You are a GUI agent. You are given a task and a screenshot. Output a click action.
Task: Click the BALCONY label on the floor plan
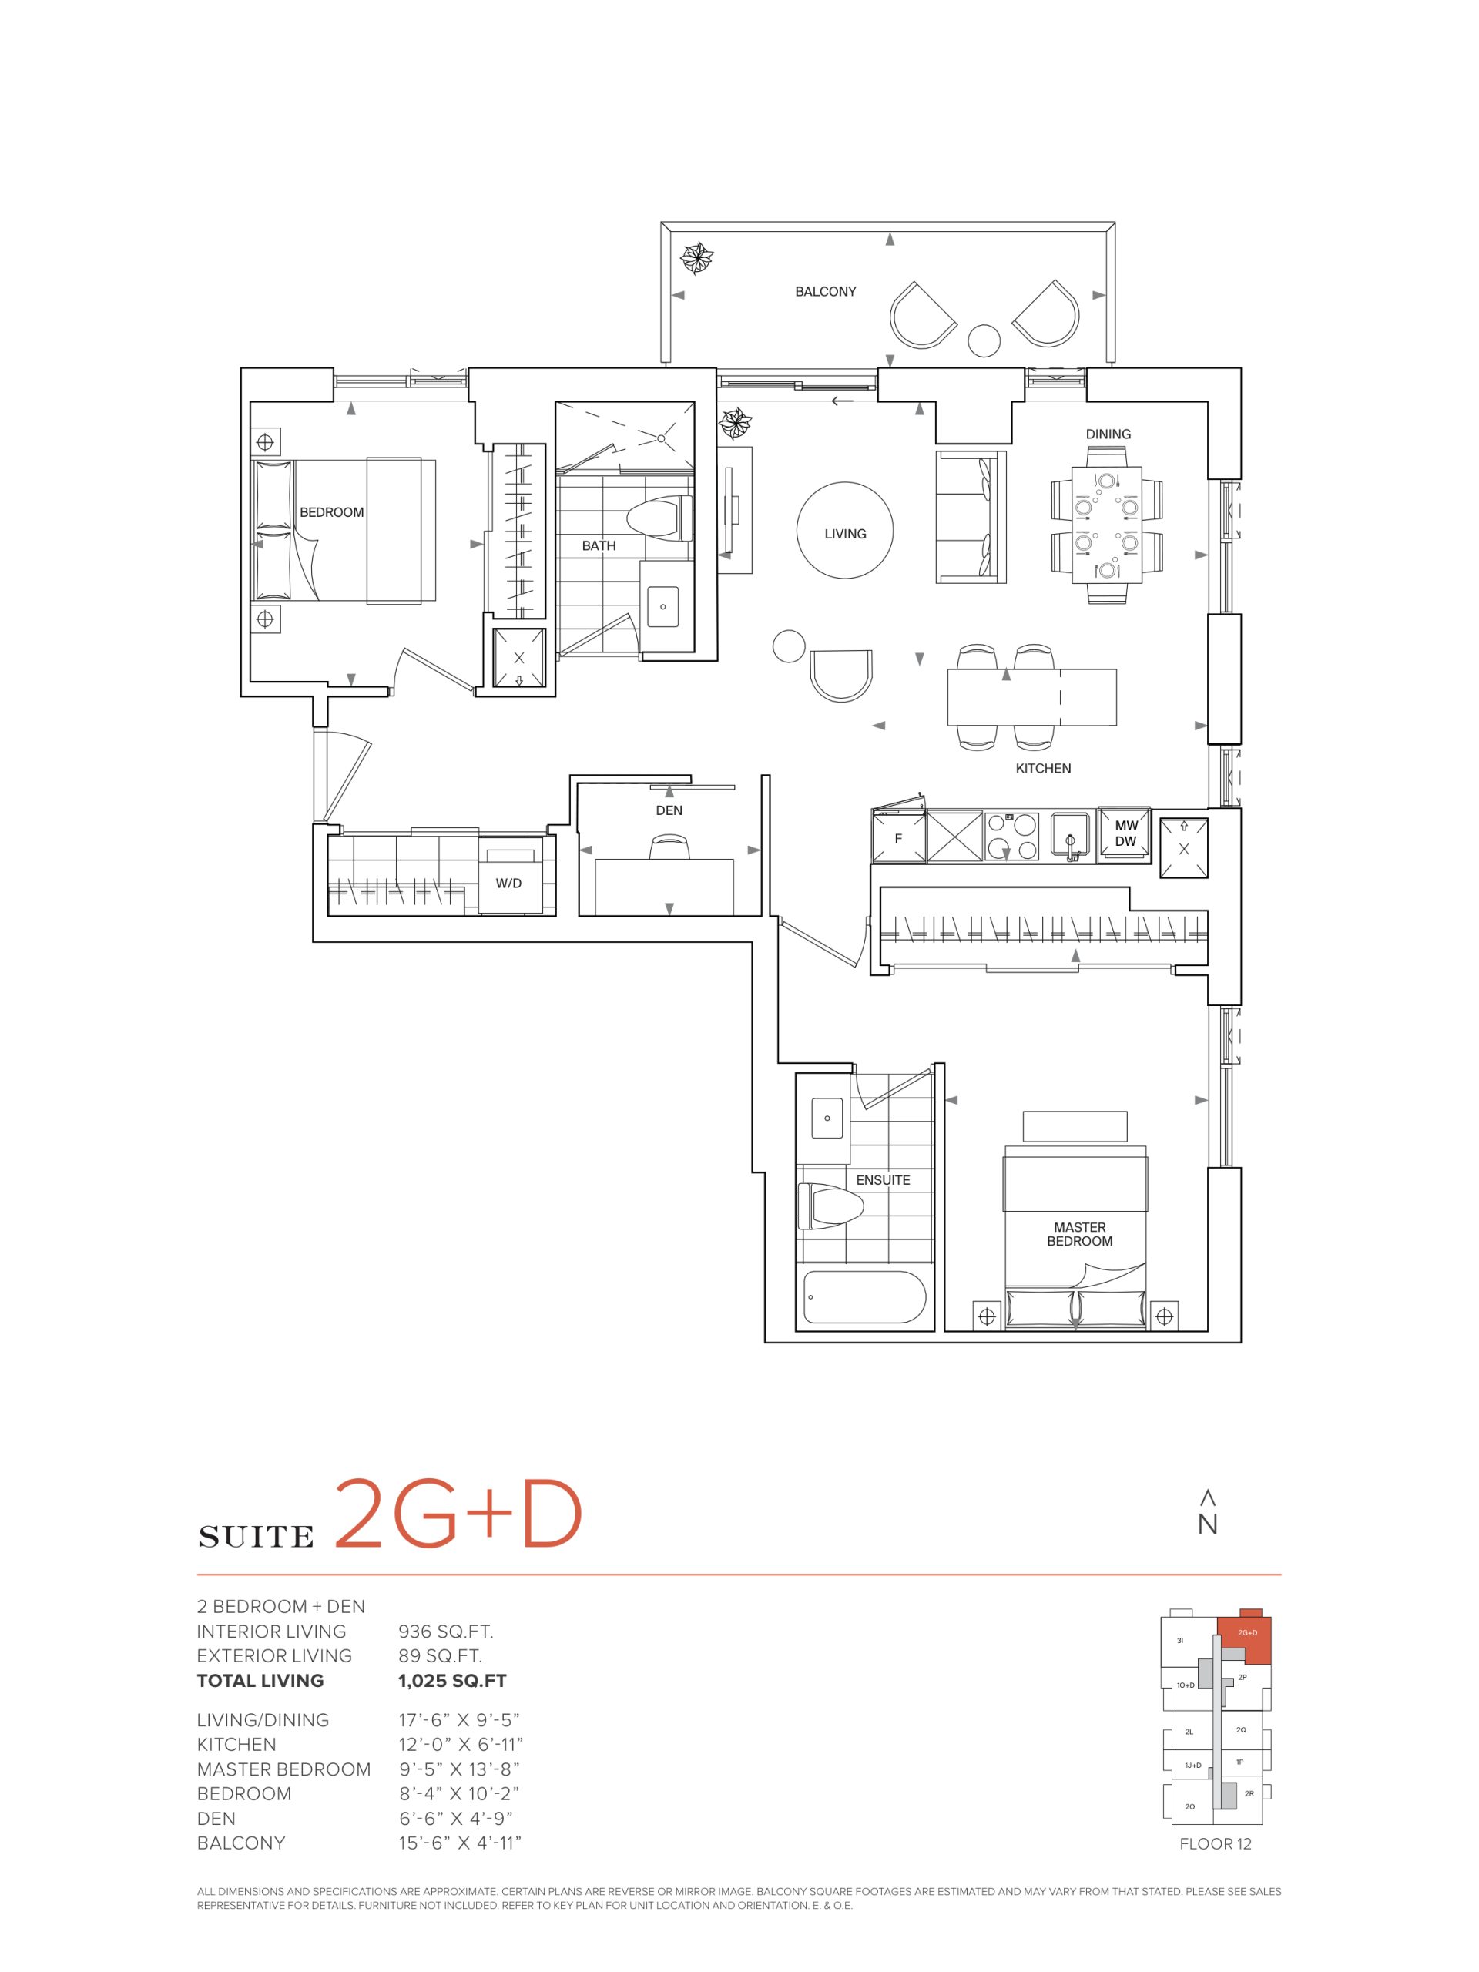(825, 291)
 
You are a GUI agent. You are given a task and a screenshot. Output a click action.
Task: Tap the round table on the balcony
(984, 340)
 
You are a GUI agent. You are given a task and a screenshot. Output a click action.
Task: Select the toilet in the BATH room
(659, 517)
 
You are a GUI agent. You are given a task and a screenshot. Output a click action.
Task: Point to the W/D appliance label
(509, 884)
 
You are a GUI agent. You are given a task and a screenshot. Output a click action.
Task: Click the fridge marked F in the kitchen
(899, 837)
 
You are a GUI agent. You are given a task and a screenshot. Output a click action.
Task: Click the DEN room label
(669, 810)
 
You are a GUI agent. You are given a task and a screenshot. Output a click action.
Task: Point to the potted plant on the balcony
(695, 259)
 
